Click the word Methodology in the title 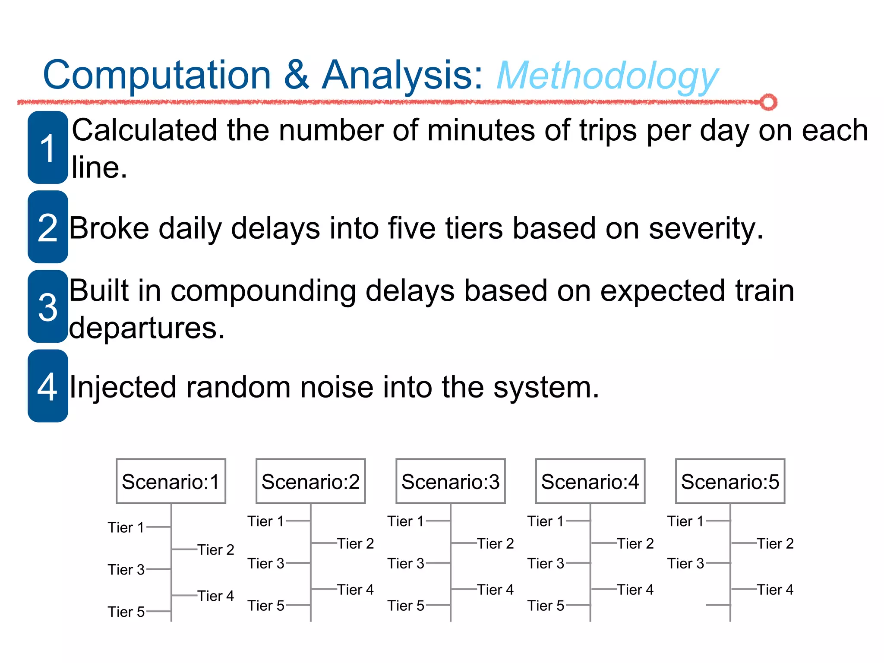coord(607,76)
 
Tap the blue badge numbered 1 coord(48,148)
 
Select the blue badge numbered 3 coord(48,306)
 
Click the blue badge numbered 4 coord(48,386)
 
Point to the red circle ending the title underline coord(768,102)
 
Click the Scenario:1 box coord(171,481)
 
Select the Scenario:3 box coord(450,481)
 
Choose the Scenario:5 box coord(730,481)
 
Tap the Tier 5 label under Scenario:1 coord(126,612)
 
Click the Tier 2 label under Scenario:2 coord(355,543)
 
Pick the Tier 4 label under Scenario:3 coord(495,590)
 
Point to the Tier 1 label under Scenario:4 coord(546,521)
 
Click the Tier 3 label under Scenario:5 coord(685,563)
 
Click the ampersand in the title coord(297,75)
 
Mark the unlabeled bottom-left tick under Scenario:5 coord(717,605)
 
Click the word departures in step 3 coord(147,328)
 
